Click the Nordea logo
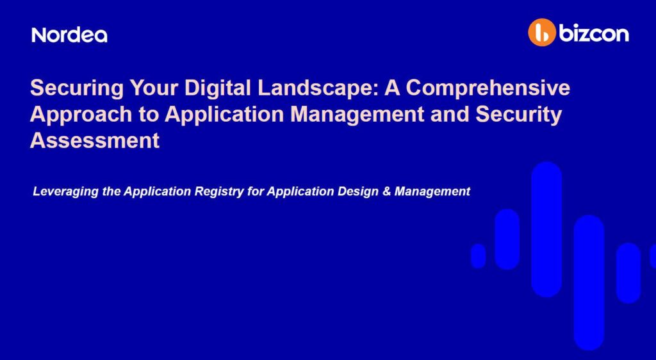[x=69, y=35]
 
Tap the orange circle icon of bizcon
[x=542, y=32]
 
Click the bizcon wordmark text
[x=594, y=33]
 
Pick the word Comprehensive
[x=488, y=88]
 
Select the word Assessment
[x=95, y=140]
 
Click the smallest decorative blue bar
[x=478, y=256]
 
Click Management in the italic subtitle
[x=432, y=192]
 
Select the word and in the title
[x=450, y=114]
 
